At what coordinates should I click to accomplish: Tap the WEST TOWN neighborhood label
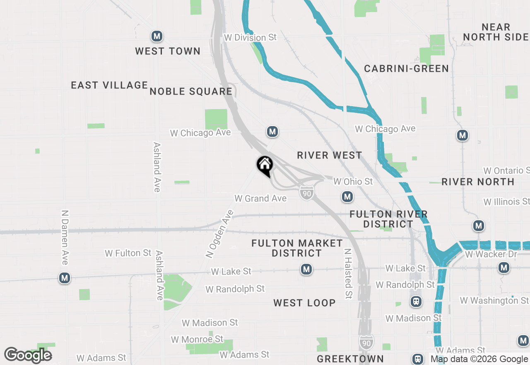[168, 51]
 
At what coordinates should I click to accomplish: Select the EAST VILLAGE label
[109, 85]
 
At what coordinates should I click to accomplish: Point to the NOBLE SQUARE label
[191, 91]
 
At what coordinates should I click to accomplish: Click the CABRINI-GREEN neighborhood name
[406, 68]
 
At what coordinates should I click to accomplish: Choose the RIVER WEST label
[330, 155]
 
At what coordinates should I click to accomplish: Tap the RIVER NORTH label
[478, 182]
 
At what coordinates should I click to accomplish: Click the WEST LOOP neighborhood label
[304, 303]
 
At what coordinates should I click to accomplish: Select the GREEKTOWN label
[350, 358]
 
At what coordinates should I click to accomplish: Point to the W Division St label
[250, 37]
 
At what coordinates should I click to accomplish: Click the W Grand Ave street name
[260, 198]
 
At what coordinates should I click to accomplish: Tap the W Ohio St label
[353, 181]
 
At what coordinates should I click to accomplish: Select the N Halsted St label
[348, 274]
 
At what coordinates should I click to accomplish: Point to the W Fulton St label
[128, 253]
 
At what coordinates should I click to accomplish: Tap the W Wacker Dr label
[485, 254]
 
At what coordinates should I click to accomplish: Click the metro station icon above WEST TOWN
[157, 36]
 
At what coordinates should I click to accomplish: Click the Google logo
[28, 355]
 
